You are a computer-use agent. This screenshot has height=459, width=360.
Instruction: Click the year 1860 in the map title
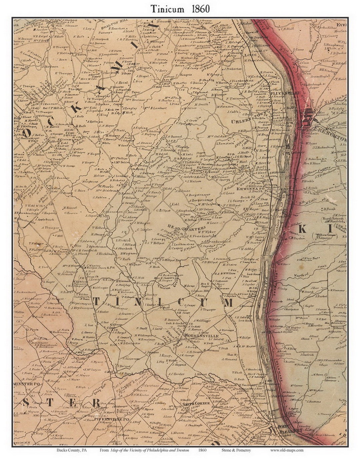[x=200, y=9]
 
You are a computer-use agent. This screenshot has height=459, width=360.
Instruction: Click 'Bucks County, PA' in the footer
[x=68, y=450]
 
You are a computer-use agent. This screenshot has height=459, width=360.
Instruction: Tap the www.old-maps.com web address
[x=287, y=450]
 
